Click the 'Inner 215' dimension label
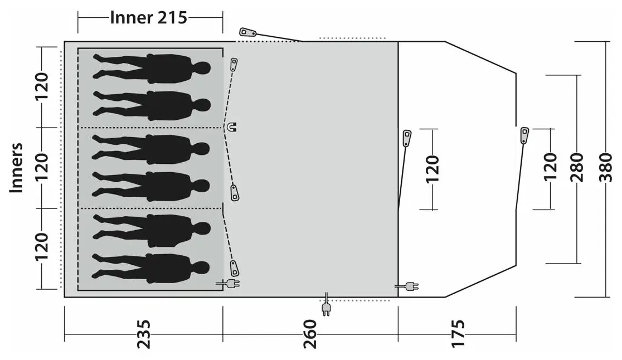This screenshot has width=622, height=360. (148, 18)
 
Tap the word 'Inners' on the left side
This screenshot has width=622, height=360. (16, 168)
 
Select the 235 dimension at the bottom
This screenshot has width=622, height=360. (144, 334)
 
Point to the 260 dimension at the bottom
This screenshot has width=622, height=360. (310, 334)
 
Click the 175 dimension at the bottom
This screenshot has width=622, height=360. (458, 334)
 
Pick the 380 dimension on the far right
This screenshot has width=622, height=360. (606, 167)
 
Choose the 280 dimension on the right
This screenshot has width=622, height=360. (577, 167)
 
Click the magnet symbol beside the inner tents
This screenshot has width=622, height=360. (231, 127)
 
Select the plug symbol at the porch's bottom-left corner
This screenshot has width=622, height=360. (407, 286)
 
